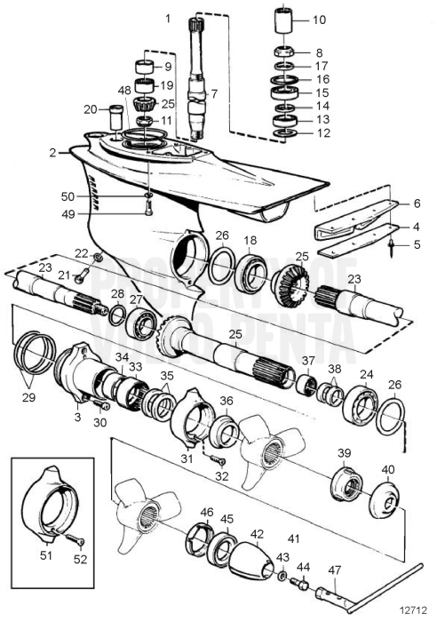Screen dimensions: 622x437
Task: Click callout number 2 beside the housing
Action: pyautogui.click(x=54, y=152)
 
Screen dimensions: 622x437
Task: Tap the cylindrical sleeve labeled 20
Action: pyautogui.click(x=113, y=116)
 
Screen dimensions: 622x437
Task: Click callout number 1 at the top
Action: pyautogui.click(x=168, y=18)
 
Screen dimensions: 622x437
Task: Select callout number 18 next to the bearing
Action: pyautogui.click(x=250, y=240)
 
